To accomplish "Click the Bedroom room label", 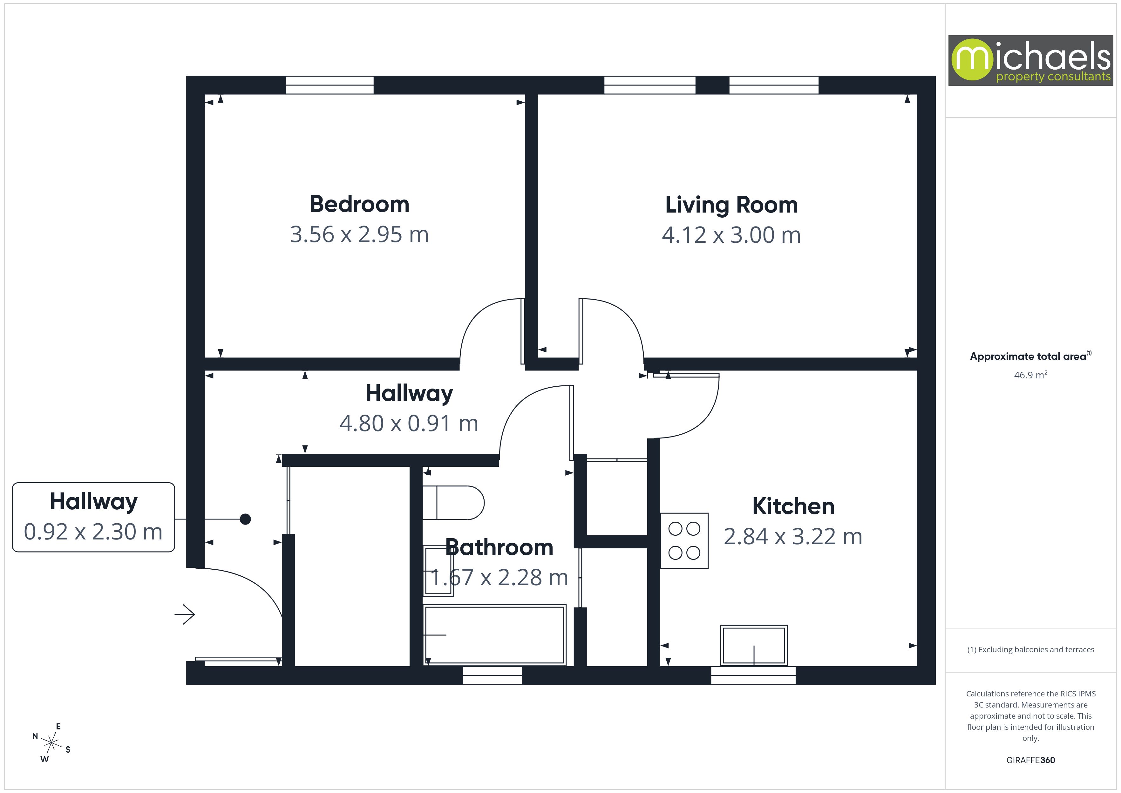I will pyautogui.click(x=359, y=204).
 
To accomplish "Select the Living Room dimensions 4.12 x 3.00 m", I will pyautogui.click(x=731, y=235).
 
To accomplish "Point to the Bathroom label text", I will pyautogui.click(x=499, y=547).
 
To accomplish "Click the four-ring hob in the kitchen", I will pyautogui.click(x=684, y=540).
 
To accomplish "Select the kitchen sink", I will pyautogui.click(x=753, y=645).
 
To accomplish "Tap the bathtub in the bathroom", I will pyautogui.click(x=494, y=635).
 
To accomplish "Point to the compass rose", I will pyautogui.click(x=51, y=743).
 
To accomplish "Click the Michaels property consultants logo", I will pyautogui.click(x=1030, y=61).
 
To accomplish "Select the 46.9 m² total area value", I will pyautogui.click(x=1030, y=375).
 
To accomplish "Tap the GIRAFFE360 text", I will pyautogui.click(x=1030, y=760).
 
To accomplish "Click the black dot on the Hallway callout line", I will pyautogui.click(x=245, y=519).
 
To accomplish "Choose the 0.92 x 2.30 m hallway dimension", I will pyautogui.click(x=93, y=532).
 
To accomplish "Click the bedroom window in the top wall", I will pyautogui.click(x=330, y=85).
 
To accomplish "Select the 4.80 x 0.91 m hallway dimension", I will pyautogui.click(x=409, y=424).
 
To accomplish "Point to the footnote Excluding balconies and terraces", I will pyautogui.click(x=1030, y=649).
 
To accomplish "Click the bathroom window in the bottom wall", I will pyautogui.click(x=492, y=675).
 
